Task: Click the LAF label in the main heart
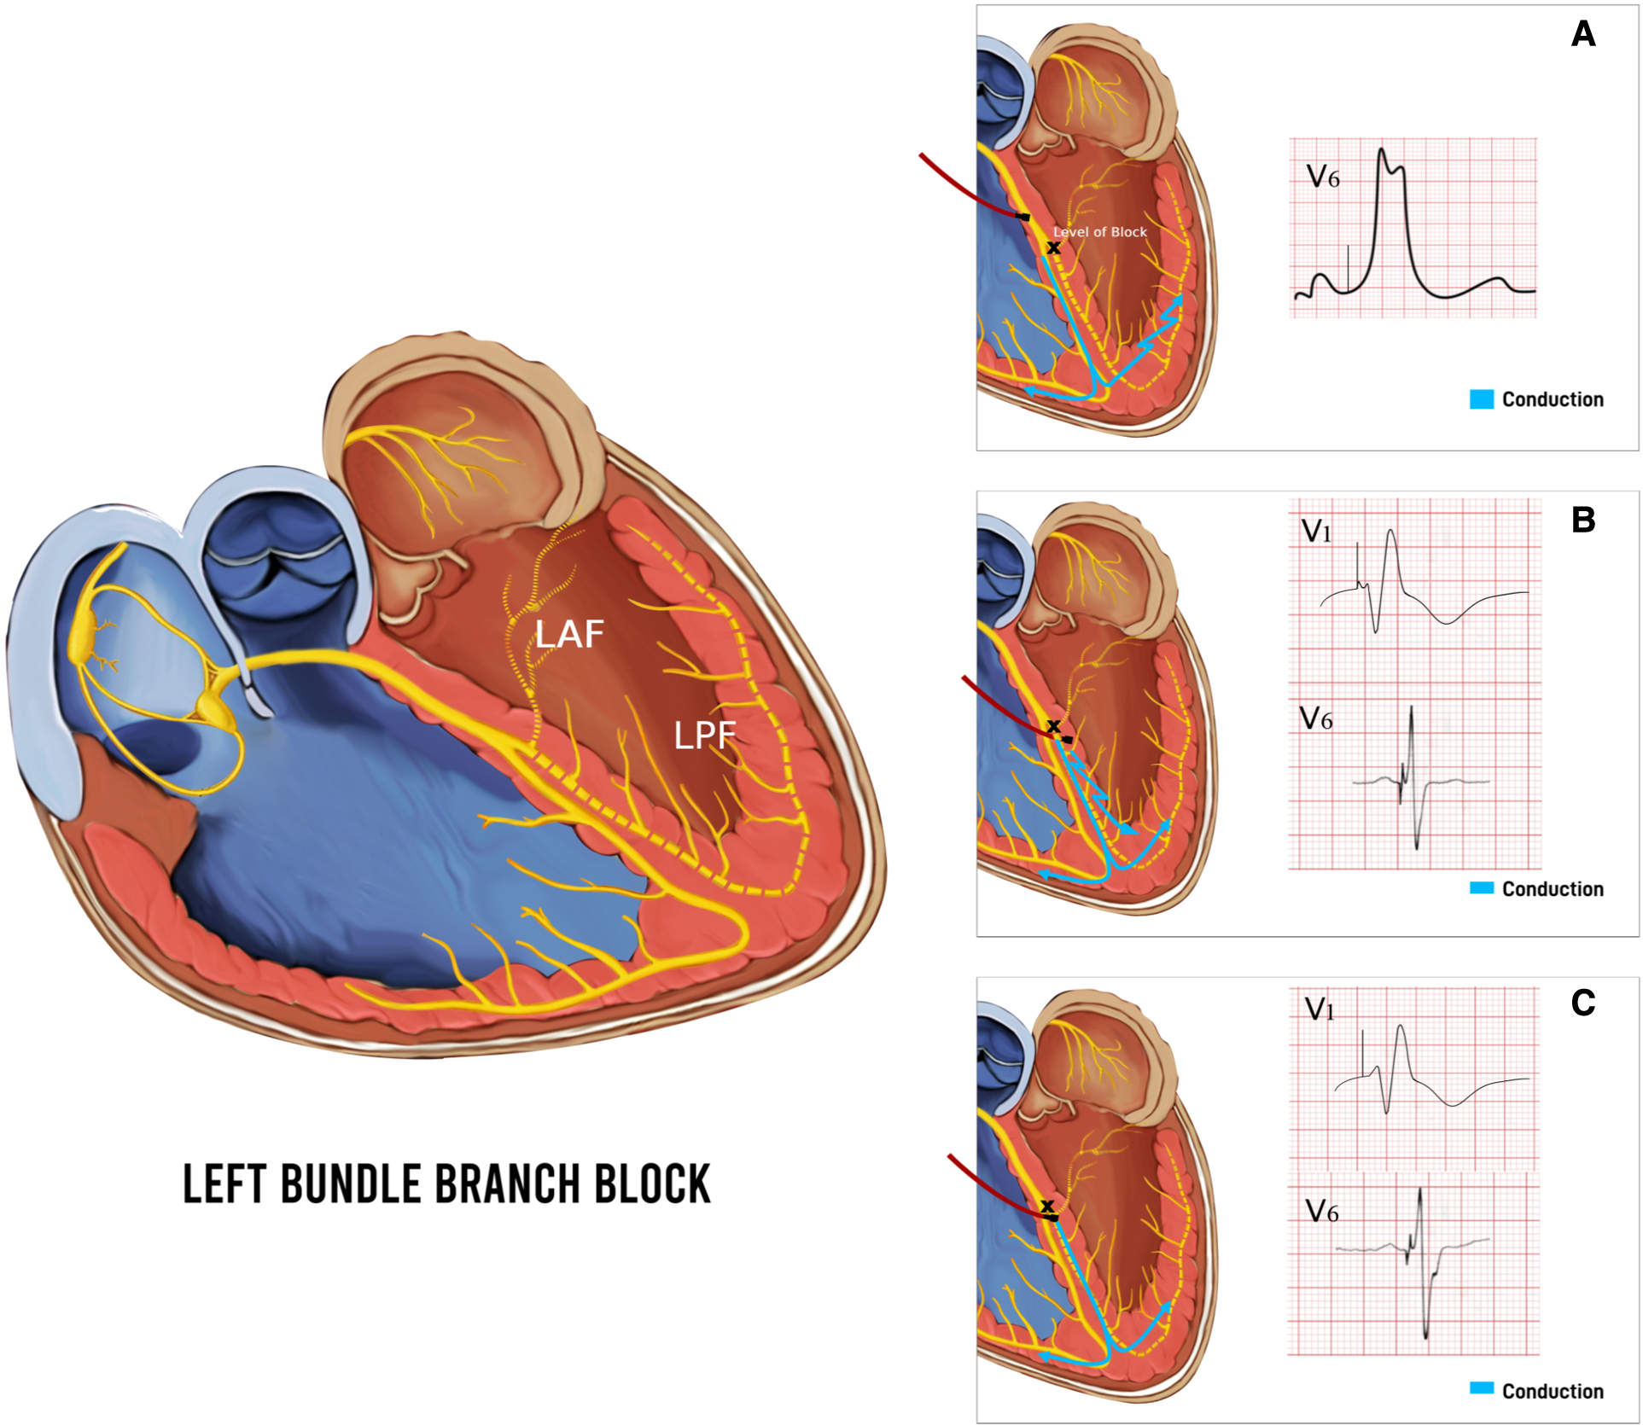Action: pyautogui.click(x=569, y=634)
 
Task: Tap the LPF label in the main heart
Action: pyautogui.click(x=704, y=736)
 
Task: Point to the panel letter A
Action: pyautogui.click(x=1582, y=35)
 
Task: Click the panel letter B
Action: pyautogui.click(x=1582, y=520)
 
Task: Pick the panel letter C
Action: pyautogui.click(x=1582, y=1003)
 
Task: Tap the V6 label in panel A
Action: pyautogui.click(x=1323, y=177)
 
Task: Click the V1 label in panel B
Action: pyautogui.click(x=1316, y=532)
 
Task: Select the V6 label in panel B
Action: pyautogui.click(x=1315, y=718)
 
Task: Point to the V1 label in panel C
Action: pyautogui.click(x=1320, y=1009)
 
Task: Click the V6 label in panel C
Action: pyautogui.click(x=1321, y=1211)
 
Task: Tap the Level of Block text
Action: pyautogui.click(x=1099, y=232)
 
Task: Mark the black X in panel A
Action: pyautogui.click(x=1054, y=248)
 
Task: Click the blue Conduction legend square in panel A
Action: pyautogui.click(x=1482, y=399)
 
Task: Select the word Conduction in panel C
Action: pyautogui.click(x=1553, y=1391)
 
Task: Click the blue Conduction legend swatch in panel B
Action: pyautogui.click(x=1482, y=888)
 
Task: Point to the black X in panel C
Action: pyautogui.click(x=1047, y=1206)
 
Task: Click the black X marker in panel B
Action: pyautogui.click(x=1053, y=726)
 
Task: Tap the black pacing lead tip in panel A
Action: pyautogui.click(x=1023, y=217)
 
